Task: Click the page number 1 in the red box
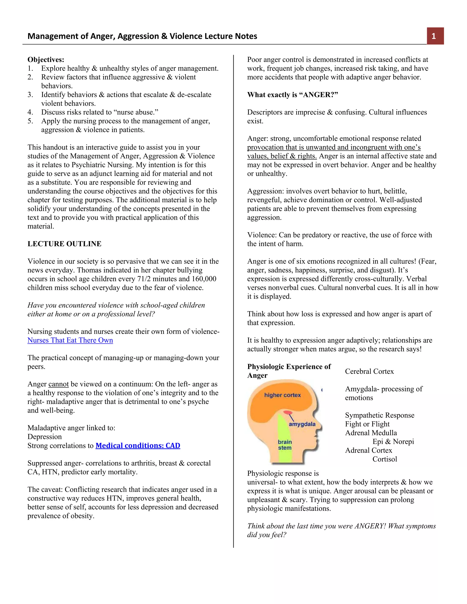(433, 36)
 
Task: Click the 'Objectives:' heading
(46, 59)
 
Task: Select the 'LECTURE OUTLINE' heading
(64, 244)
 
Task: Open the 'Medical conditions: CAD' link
(138, 446)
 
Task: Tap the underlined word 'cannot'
(58, 384)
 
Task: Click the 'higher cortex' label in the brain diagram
(282, 395)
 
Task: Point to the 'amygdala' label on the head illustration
(302, 424)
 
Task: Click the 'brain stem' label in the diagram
(285, 445)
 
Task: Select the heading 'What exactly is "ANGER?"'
(292, 95)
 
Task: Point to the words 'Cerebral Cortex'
(369, 372)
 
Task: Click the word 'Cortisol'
(384, 459)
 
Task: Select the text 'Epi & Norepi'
(393, 442)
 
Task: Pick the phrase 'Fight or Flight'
(367, 424)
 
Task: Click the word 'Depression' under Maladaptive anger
(44, 437)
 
